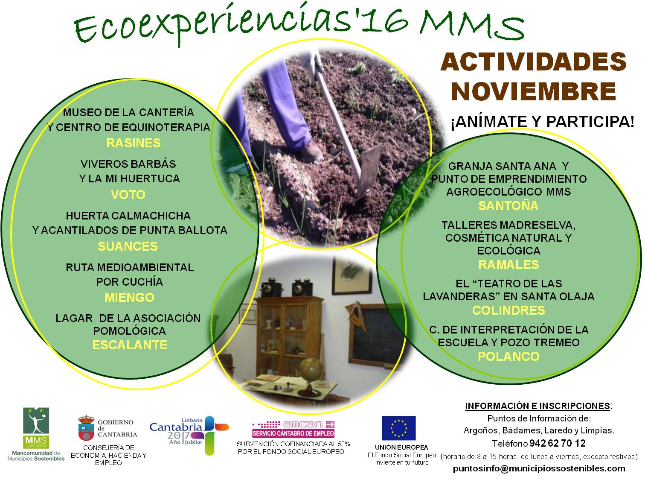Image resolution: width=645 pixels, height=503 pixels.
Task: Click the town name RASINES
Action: pyautogui.click(x=133, y=143)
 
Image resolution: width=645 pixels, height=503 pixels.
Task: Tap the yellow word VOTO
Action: pyautogui.click(x=128, y=195)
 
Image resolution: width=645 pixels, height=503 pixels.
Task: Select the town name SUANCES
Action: pyautogui.click(x=128, y=246)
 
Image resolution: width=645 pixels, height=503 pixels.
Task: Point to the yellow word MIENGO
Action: pyautogui.click(x=129, y=298)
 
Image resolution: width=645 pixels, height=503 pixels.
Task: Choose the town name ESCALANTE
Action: pyautogui.click(x=130, y=345)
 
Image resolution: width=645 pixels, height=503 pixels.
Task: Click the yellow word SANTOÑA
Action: pyautogui.click(x=508, y=205)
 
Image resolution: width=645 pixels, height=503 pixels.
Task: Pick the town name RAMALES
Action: pyautogui.click(x=508, y=265)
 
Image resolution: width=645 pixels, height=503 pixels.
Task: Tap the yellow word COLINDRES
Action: pyautogui.click(x=508, y=310)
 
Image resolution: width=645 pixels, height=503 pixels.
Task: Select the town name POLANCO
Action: pyautogui.click(x=508, y=357)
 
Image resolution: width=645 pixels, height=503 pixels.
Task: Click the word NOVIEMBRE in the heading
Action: pyautogui.click(x=534, y=92)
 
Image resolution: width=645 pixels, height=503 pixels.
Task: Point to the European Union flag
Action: pyautogui.click(x=398, y=428)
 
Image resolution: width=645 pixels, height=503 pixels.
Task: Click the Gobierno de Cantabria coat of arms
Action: pyautogui.click(x=86, y=428)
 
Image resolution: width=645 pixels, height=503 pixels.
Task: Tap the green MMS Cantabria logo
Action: pyautogui.click(x=36, y=428)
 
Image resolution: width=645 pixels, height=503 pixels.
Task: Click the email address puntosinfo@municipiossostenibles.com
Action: pyautogui.click(x=539, y=468)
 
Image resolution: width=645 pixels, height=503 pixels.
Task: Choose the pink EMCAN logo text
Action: pyautogui.click(x=303, y=424)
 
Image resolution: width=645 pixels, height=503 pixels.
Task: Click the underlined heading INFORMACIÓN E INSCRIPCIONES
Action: pyautogui.click(x=537, y=406)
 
